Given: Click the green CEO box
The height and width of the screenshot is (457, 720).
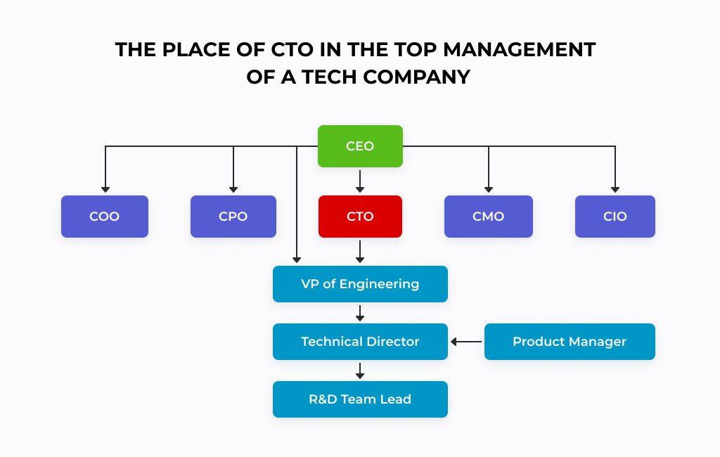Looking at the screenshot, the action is click(x=360, y=146).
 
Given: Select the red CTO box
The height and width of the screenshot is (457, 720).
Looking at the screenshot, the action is click(x=360, y=217).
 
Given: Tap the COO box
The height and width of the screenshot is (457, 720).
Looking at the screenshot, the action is click(x=105, y=217).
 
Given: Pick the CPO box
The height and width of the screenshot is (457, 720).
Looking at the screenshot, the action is click(x=233, y=217).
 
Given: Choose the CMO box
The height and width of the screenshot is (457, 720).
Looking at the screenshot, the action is click(x=489, y=217).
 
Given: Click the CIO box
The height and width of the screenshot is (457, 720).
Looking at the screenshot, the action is click(x=615, y=217).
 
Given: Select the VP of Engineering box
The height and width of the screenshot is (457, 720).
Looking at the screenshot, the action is click(x=360, y=284).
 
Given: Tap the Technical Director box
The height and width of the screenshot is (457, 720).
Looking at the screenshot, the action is click(x=360, y=342).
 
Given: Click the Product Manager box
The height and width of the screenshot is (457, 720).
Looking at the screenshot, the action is click(x=570, y=342).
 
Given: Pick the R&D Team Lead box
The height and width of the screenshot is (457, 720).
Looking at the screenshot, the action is click(x=360, y=399).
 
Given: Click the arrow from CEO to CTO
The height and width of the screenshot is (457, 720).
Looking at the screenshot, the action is click(x=360, y=181).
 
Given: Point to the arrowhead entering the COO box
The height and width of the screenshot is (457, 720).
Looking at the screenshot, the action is click(x=105, y=190).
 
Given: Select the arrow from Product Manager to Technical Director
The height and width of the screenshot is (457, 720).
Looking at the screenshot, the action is click(x=466, y=342).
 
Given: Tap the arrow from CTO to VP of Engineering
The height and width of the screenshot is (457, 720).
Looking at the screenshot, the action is click(x=360, y=252).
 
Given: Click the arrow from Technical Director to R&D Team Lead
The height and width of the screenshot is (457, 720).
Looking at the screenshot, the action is click(x=360, y=371).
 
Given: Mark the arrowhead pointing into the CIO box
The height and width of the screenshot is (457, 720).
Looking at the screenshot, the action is click(x=615, y=190).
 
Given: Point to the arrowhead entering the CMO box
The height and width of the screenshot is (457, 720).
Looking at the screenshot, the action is click(x=489, y=190).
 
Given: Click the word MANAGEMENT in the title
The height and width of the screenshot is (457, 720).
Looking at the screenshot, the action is click(x=520, y=50).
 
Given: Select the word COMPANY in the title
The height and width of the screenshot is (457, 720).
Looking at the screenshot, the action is click(x=417, y=77).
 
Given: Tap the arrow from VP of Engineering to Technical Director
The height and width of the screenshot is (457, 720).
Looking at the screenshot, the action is click(x=360, y=314).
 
